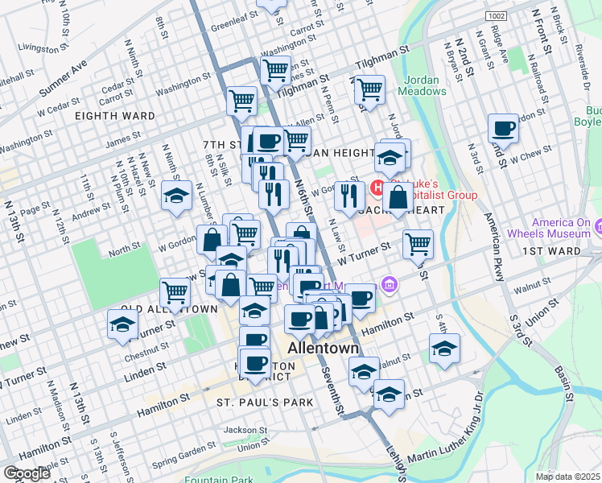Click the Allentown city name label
click(x=323, y=349)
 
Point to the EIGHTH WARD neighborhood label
click(x=114, y=116)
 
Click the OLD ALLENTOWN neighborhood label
click(x=169, y=309)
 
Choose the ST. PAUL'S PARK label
click(x=258, y=400)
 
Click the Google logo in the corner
click(x=27, y=473)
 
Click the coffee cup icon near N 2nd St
click(x=504, y=127)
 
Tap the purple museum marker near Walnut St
click(x=391, y=283)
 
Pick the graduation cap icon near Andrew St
click(x=176, y=195)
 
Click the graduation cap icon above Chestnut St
click(x=122, y=324)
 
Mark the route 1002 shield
click(x=495, y=16)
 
